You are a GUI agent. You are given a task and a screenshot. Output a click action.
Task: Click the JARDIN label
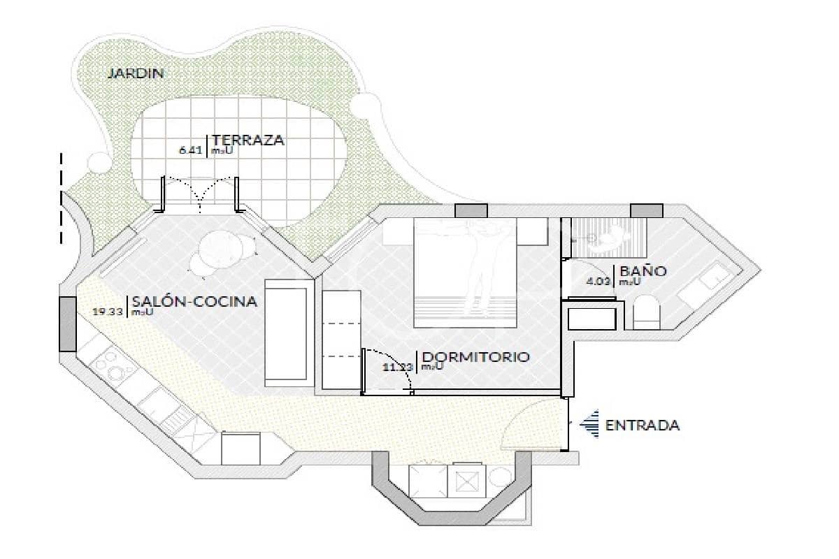point(135,73)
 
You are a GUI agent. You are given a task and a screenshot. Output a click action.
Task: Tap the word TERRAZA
point(248,140)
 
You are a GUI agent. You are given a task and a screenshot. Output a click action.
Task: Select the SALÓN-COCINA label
point(194,302)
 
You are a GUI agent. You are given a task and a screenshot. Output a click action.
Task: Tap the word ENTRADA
point(642,425)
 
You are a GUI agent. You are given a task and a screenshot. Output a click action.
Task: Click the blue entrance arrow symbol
point(591,424)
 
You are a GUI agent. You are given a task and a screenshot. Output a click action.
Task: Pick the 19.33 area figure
point(108,312)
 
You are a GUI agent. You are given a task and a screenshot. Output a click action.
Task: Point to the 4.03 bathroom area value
point(598,282)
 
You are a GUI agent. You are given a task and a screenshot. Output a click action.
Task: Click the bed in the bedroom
point(466,273)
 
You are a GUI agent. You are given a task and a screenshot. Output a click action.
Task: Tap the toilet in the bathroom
point(646,312)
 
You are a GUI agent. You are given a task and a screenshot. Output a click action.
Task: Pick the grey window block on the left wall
point(67,324)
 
